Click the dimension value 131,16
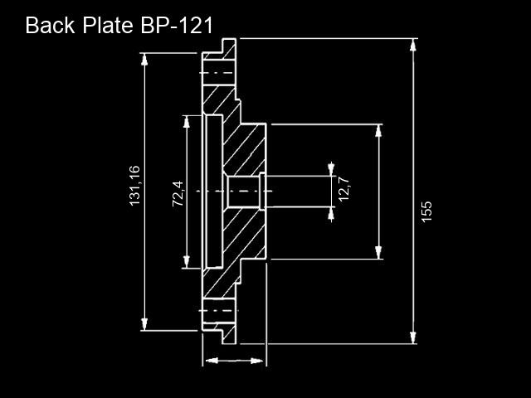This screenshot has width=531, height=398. click(134, 186)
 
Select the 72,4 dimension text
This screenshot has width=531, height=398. click(178, 194)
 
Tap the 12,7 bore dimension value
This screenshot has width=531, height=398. click(344, 189)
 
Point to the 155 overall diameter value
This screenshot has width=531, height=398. click(426, 212)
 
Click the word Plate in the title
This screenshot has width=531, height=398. click(108, 25)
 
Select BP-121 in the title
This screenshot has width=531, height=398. click(177, 25)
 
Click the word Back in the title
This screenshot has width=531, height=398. click(50, 25)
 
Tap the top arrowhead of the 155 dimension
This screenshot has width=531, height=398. click(412, 45)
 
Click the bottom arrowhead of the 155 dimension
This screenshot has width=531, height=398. click(413, 337)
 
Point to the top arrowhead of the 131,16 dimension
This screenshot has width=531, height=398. click(144, 59)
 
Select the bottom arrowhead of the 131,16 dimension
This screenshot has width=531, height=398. click(144, 324)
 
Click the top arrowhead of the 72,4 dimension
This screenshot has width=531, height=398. click(186, 122)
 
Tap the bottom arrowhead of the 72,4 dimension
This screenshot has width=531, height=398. click(186, 262)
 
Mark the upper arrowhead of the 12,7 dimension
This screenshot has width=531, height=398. click(331, 169)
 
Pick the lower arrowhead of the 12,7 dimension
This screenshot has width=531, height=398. click(331, 214)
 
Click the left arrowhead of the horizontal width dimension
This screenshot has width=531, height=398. click(212, 361)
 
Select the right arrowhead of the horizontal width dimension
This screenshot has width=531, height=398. click(257, 361)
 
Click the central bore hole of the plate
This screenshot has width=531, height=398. click(243, 192)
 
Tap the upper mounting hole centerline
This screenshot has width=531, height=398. click(217, 73)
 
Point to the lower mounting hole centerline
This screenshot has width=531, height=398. click(218, 311)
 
